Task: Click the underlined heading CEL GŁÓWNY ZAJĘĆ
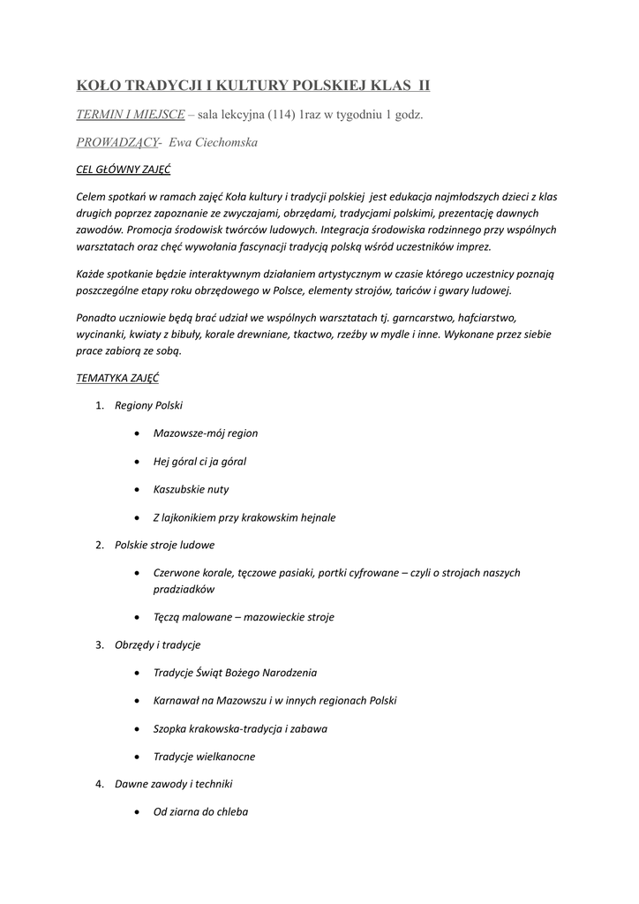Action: (124, 169)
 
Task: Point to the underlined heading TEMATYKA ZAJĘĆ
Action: (118, 377)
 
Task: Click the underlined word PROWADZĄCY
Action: (117, 142)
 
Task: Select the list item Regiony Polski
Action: (148, 405)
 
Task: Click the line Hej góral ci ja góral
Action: (199, 461)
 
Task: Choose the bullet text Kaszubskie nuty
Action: (191, 489)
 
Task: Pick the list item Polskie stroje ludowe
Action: (164, 545)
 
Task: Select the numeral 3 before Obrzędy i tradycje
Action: (99, 645)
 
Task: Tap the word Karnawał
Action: (179, 700)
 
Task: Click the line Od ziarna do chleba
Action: (200, 811)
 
